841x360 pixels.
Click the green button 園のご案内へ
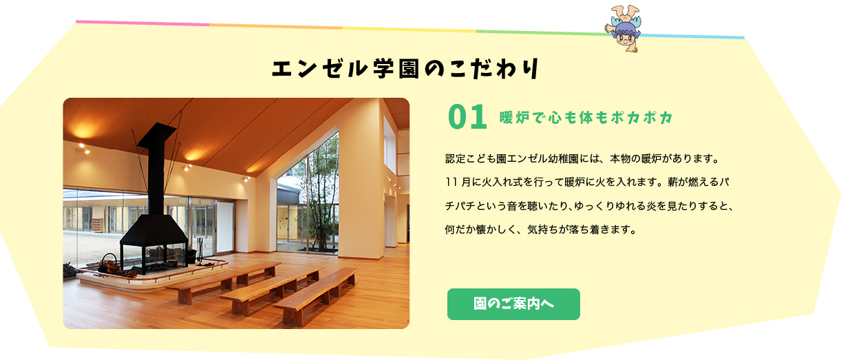point(513,304)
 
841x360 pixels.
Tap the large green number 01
point(467,117)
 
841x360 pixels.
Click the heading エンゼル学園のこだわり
point(405,69)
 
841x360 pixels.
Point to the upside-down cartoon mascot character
point(623,28)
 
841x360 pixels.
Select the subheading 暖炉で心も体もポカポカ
point(586,118)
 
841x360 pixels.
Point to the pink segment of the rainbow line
point(142,23)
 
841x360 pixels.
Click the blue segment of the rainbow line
point(693,36)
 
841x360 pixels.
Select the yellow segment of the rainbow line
point(409,30)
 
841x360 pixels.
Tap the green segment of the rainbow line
point(542,32)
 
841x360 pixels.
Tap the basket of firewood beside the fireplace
point(109,265)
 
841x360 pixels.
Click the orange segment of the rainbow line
point(276,26)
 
